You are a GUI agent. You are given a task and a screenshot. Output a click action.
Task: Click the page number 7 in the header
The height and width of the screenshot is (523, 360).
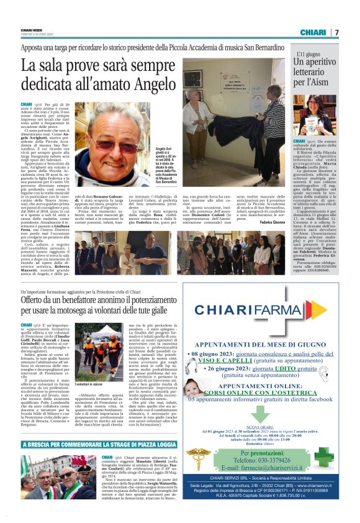coord(337,32)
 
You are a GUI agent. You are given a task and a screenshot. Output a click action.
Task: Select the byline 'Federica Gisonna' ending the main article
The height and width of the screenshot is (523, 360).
coord(271,222)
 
